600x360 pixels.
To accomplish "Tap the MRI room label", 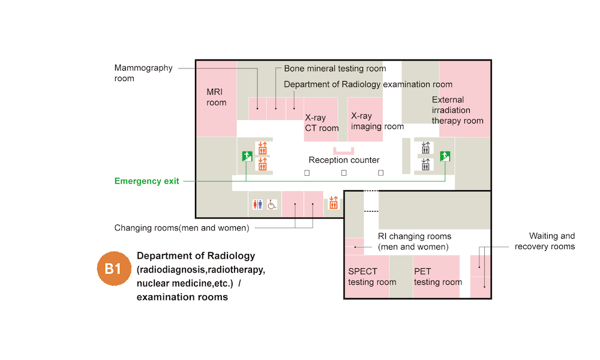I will click(217, 97).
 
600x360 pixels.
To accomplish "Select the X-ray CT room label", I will click(322, 123).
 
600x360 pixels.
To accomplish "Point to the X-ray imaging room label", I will click(377, 121).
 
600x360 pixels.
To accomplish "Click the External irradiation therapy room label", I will click(457, 110).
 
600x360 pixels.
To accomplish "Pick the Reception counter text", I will click(344, 160).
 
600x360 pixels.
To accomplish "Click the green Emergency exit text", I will click(146, 181).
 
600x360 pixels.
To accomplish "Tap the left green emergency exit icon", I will click(247, 156).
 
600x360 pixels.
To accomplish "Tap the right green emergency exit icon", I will click(445, 156).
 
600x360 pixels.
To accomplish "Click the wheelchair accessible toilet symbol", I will click(272, 205).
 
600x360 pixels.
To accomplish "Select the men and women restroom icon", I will click(257, 205).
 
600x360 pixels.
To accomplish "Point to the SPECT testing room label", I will click(372, 277).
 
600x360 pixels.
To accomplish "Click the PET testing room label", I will click(438, 277).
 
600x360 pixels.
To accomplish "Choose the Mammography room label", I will click(143, 73).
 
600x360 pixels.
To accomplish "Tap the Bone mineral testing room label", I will click(335, 68).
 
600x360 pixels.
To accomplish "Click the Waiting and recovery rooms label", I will click(544, 241).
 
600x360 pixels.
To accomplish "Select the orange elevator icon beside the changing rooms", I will click(333, 203).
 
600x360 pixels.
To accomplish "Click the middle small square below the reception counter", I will click(344, 173).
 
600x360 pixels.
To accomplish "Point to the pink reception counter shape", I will click(344, 151).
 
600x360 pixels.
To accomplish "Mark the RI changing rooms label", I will click(415, 242).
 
